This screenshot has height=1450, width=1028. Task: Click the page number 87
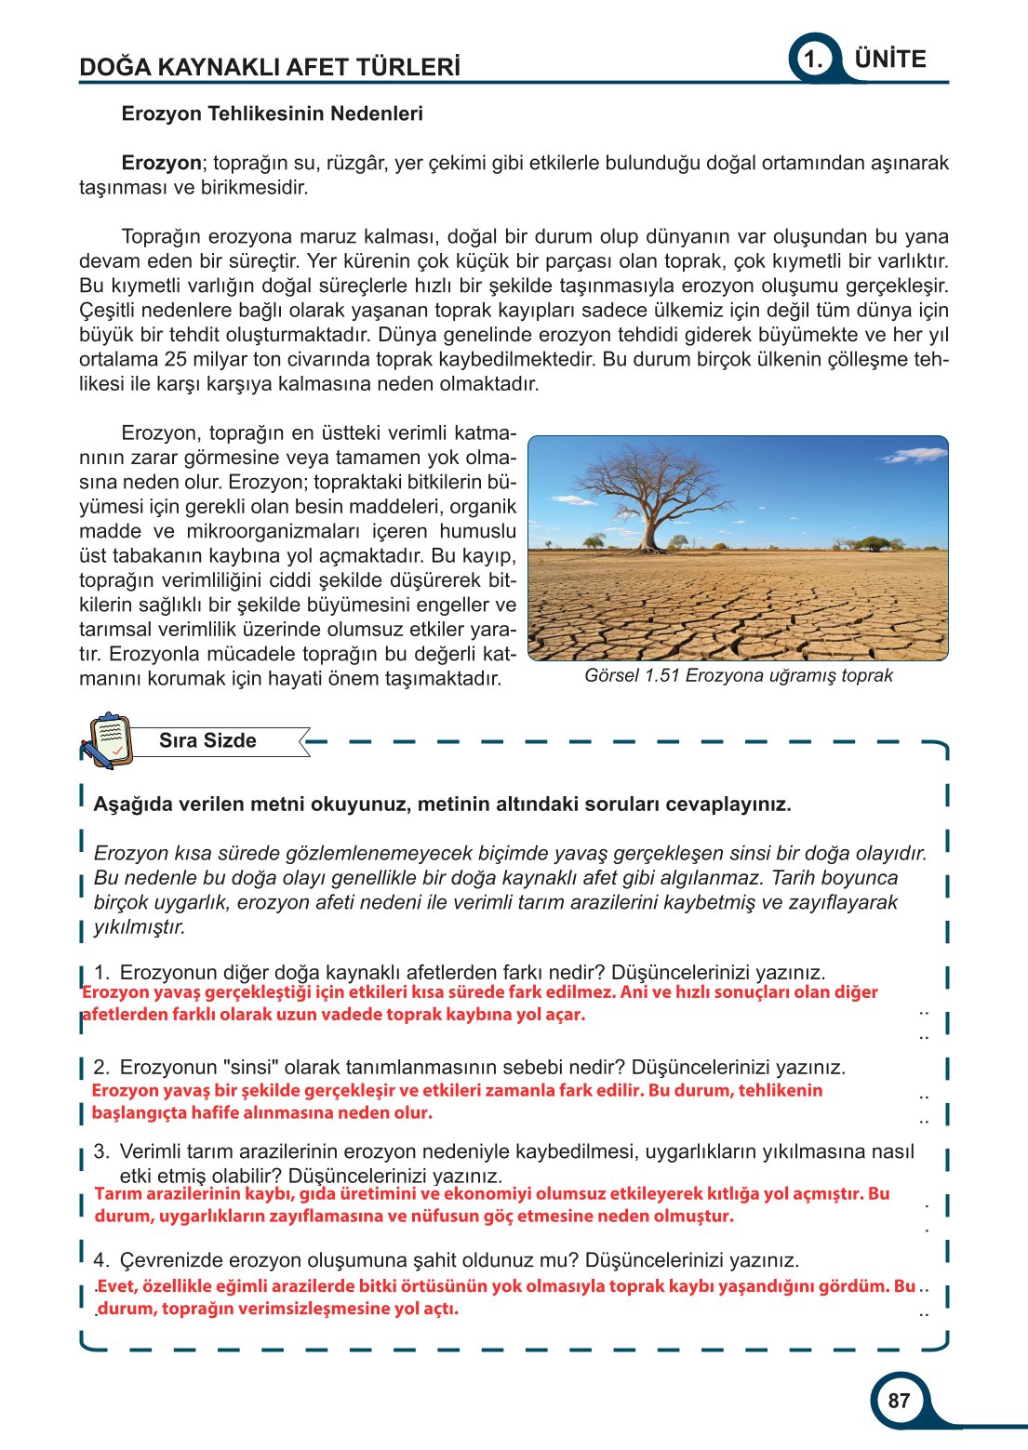(x=899, y=1401)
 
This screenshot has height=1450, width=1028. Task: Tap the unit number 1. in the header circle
(x=813, y=60)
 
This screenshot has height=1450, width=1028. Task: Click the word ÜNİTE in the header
(x=890, y=59)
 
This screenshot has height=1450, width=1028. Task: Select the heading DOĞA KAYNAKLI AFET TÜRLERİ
(x=270, y=67)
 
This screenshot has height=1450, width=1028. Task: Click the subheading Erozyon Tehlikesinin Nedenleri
(x=272, y=113)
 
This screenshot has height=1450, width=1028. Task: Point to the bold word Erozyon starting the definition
(x=161, y=163)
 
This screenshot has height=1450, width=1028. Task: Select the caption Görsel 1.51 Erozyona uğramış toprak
(x=738, y=675)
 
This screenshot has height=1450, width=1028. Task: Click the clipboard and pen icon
(x=105, y=740)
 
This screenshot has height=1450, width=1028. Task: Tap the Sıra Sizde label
(x=207, y=740)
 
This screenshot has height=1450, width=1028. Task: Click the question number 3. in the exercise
(x=101, y=1151)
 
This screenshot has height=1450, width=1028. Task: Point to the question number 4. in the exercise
(x=101, y=1260)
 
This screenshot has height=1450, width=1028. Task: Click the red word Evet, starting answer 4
(x=118, y=1286)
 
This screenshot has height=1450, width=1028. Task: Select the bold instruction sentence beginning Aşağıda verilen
(x=442, y=805)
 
